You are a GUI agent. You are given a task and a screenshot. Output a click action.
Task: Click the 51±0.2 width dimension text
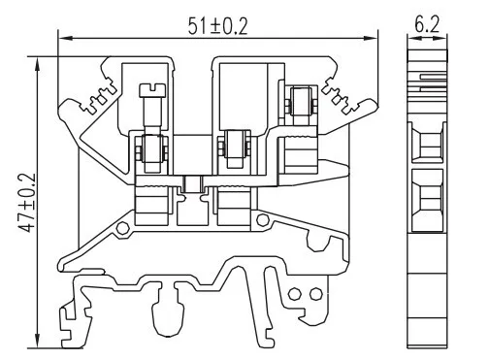[218, 26]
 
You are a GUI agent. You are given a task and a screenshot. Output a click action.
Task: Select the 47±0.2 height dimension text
[26, 203]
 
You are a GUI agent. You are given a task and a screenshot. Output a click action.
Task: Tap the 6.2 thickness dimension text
[427, 24]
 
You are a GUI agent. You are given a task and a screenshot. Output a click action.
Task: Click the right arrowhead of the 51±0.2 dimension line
[371, 38]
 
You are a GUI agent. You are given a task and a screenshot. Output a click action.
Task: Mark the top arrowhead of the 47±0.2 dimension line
[38, 64]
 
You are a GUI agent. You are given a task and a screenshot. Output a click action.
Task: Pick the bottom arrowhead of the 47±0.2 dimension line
[38, 341]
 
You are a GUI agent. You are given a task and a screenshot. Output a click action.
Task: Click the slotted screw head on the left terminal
[152, 90]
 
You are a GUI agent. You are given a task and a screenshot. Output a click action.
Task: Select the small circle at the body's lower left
[123, 228]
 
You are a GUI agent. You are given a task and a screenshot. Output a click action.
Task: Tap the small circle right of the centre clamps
[263, 220]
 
